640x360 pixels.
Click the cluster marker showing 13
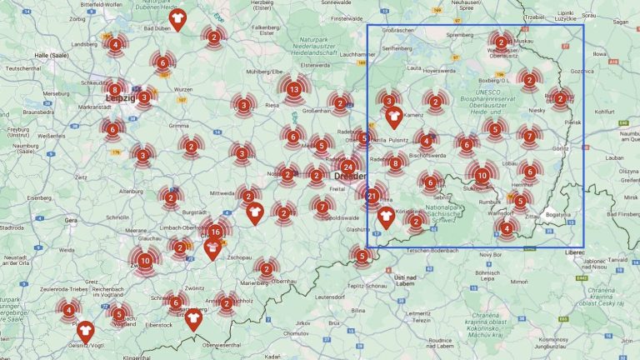(x=293, y=89)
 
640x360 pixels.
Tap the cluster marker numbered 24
(x=347, y=165)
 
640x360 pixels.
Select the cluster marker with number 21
(x=372, y=196)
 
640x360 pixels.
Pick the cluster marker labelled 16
(x=216, y=232)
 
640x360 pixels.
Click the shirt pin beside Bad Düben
(x=177, y=18)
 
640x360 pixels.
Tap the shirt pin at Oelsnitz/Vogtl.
(x=85, y=331)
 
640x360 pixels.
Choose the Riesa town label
(x=272, y=106)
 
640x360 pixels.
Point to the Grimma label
(x=180, y=126)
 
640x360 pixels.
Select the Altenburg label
(x=132, y=191)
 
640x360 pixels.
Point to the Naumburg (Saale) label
(x=25, y=145)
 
